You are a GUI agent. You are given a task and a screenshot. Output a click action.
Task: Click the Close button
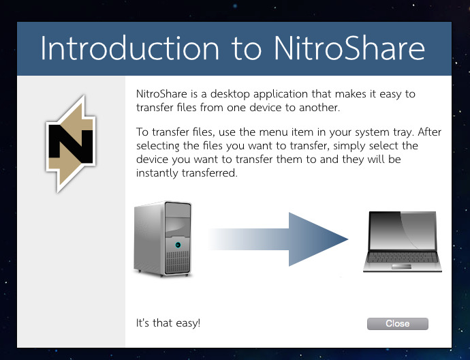tap(397, 324)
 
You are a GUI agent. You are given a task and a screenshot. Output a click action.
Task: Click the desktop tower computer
tap(163, 238)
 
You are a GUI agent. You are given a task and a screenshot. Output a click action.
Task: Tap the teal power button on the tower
tap(178, 244)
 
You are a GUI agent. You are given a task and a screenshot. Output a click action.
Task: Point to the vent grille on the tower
tap(178, 261)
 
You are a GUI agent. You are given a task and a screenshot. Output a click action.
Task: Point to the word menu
tap(254, 132)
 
